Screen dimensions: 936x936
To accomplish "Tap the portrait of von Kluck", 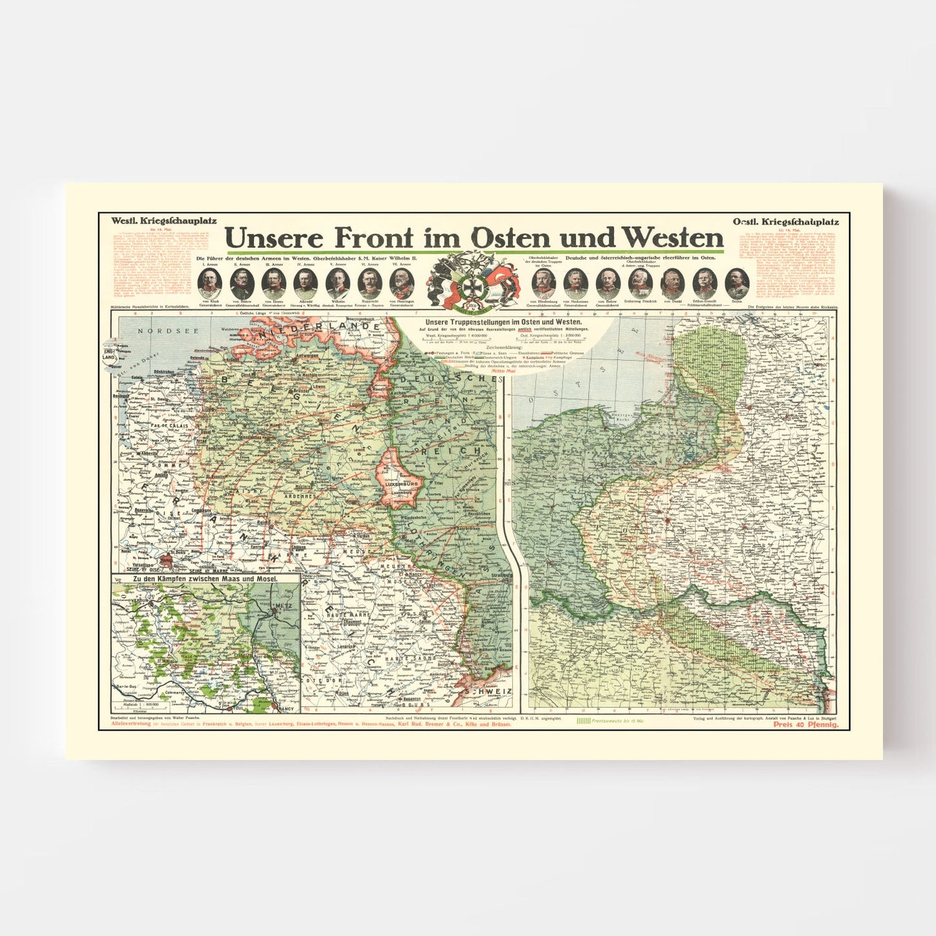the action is click(210, 283).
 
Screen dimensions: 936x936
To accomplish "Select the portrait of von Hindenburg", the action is click(543, 283).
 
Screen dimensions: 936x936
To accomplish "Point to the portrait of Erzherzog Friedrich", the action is click(641, 283).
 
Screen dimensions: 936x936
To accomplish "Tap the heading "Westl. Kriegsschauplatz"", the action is click(163, 221).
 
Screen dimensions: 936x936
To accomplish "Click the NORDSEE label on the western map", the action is click(159, 331).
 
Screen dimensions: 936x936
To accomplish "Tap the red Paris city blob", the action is click(166, 559).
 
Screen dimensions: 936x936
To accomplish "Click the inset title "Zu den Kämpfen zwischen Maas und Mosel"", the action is click(205, 578).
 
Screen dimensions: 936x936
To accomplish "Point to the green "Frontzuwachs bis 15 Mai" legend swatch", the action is click(582, 720).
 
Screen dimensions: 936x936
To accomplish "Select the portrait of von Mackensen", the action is click(575, 283).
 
